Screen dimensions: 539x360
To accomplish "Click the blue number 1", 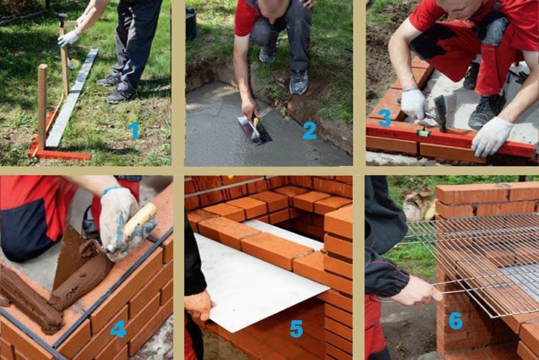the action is (x=134, y=131).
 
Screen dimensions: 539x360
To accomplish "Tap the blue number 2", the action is (x=310, y=130).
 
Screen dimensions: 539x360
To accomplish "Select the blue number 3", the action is (x=385, y=118).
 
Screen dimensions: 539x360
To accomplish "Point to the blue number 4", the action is (x=118, y=329).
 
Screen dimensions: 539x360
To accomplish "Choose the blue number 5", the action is (x=296, y=329).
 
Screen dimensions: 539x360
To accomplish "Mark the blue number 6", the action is (x=456, y=321).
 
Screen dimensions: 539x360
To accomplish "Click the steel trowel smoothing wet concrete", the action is (x=255, y=130).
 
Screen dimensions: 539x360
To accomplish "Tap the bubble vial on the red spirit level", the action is (x=424, y=133).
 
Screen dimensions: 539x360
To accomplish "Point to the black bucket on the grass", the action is (x=191, y=23).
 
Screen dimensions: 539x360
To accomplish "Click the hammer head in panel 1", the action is (x=63, y=19).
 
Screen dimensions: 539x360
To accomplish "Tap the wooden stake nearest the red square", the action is (x=42, y=106).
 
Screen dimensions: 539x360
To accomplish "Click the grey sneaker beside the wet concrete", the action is (x=299, y=82).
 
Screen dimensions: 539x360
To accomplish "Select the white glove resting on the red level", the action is (x=491, y=137).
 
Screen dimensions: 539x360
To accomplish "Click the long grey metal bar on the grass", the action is (x=71, y=98).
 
